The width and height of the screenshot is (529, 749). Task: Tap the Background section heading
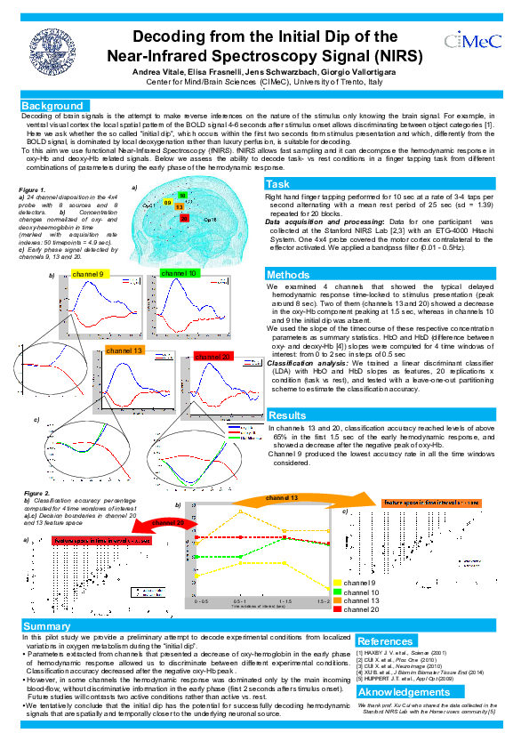coord(52,106)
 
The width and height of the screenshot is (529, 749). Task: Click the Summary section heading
coord(46,627)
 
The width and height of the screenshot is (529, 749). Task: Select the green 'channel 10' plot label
coord(180,272)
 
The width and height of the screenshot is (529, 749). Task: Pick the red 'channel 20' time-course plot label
coord(213,356)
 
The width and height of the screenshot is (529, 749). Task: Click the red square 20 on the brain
coord(184,217)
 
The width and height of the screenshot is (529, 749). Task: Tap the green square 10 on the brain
coord(181,195)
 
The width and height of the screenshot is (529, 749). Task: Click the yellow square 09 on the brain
coord(168,204)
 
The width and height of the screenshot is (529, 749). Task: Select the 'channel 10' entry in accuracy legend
coord(361,592)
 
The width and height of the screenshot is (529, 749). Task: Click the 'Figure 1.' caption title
coord(31,191)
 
